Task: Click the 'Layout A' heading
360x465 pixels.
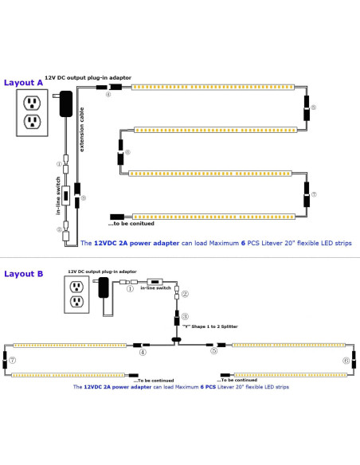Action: coord(24,82)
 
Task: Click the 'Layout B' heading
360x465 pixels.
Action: coord(24,273)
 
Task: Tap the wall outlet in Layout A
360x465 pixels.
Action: coord(33,111)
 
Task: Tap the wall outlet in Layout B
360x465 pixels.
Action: coord(77,293)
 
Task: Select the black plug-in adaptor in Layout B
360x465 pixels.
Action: coord(104,288)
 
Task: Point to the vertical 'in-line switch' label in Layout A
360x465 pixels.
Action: coord(48,197)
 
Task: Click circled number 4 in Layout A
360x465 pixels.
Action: coord(108,95)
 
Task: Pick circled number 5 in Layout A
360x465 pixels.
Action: coord(313,107)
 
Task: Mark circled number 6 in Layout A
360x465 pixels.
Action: coord(127,150)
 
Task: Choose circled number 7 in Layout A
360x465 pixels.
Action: coord(314,193)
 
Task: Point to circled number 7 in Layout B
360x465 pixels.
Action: coord(13,361)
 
